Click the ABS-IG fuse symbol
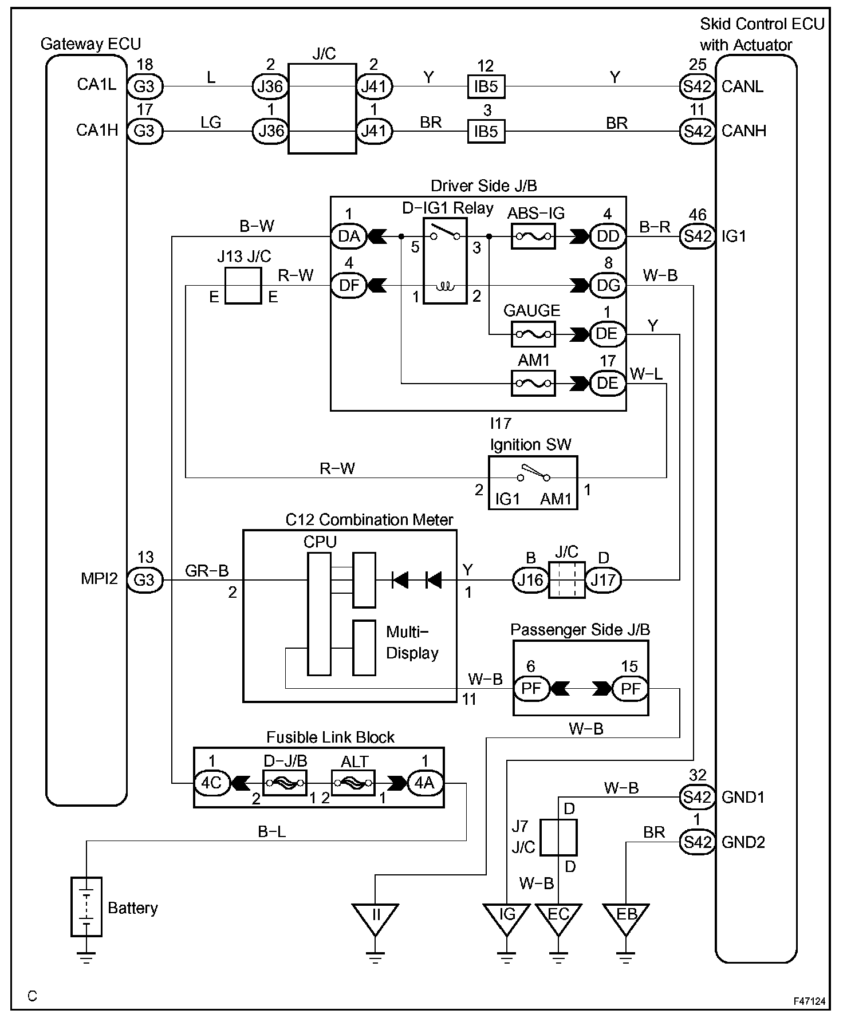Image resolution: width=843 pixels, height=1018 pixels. tap(533, 236)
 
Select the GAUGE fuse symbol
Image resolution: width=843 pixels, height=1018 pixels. tap(533, 333)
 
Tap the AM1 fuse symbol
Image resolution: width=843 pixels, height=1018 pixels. tap(533, 383)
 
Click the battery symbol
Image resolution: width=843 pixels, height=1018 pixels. tap(86, 906)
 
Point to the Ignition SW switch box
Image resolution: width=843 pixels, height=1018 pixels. tap(533, 483)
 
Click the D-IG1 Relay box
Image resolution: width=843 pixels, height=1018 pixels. tap(445, 261)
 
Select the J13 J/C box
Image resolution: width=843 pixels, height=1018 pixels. tap(243, 285)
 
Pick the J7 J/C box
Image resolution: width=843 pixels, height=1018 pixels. tap(558, 837)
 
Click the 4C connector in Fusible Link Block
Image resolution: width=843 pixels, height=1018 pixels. tap(212, 782)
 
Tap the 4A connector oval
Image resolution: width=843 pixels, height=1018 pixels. tap(424, 782)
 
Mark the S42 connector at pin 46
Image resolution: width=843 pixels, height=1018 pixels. tap(697, 236)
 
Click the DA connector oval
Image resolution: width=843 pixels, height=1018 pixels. tap(349, 236)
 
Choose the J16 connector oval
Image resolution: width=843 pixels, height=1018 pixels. tap(530, 580)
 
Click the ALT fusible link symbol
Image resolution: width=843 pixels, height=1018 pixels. tap(353, 782)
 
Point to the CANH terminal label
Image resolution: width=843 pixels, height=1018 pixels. tap(743, 131)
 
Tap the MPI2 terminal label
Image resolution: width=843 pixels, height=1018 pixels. tap(99, 579)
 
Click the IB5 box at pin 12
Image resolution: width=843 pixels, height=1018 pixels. tap(486, 86)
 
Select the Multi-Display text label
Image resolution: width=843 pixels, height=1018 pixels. tap(412, 642)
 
